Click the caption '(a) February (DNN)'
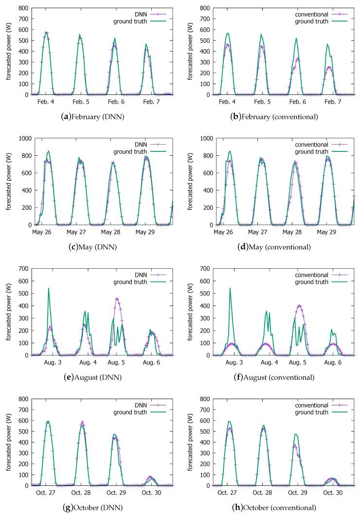(x=91, y=117)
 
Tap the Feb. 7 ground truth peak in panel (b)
(x=327, y=44)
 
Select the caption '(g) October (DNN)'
(x=91, y=508)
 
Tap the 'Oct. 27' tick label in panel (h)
(x=226, y=494)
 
